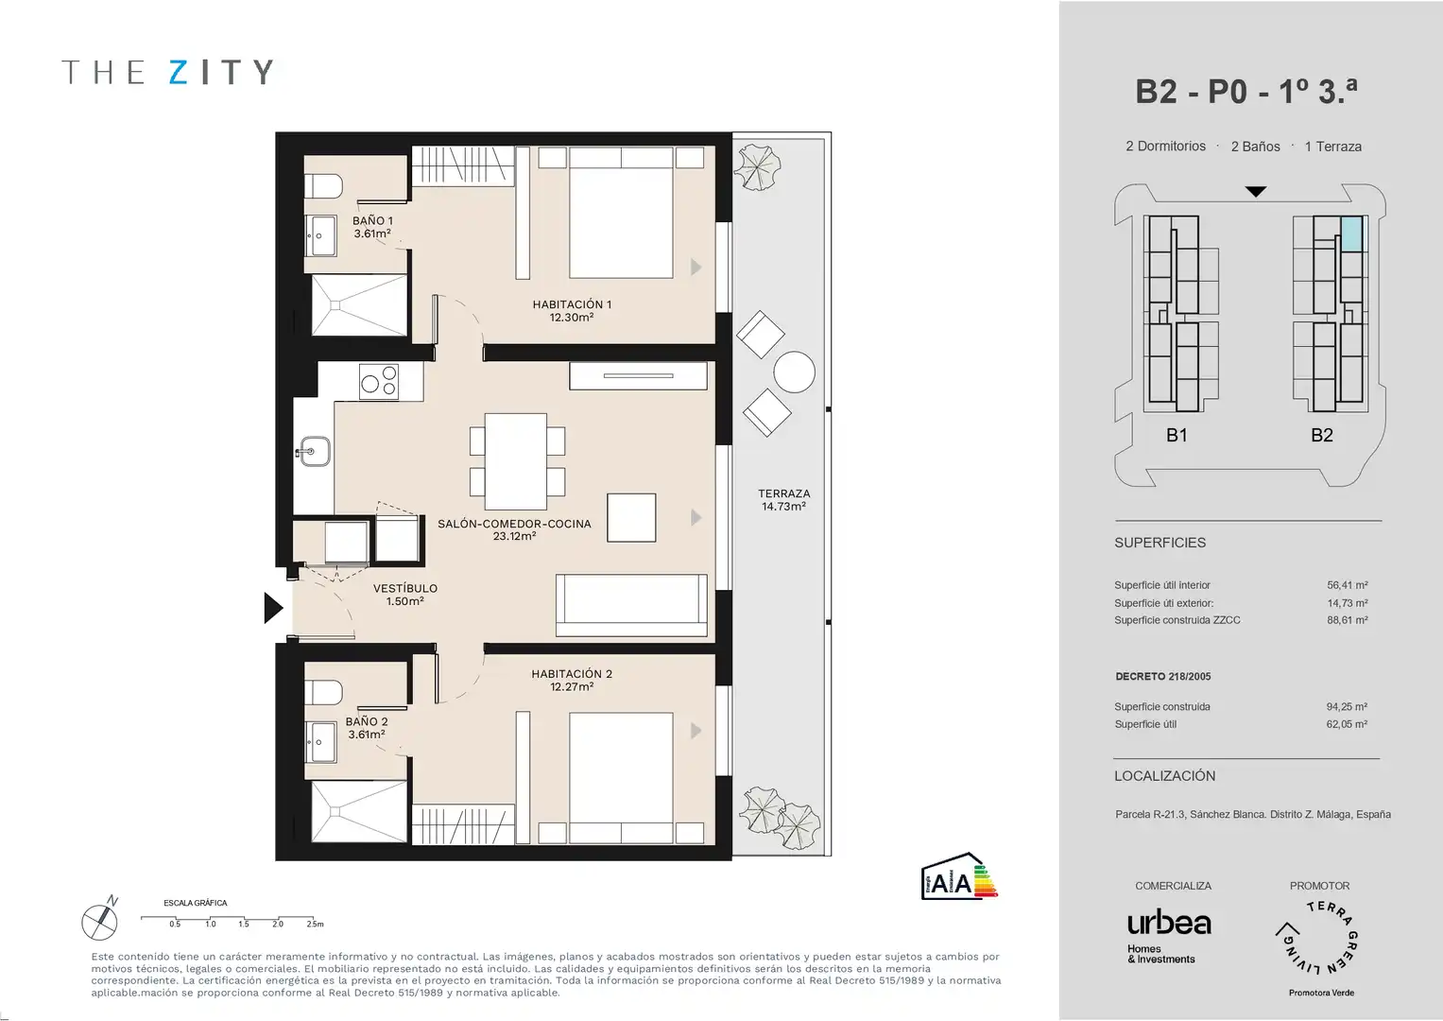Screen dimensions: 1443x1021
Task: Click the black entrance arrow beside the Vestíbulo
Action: click(272, 608)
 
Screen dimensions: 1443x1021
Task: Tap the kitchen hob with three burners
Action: click(379, 382)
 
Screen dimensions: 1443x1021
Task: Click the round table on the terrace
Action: click(795, 372)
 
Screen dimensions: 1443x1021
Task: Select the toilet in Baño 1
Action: click(323, 186)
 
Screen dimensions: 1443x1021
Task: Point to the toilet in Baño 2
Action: click(323, 693)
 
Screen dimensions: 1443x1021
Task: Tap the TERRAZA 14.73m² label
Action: click(784, 499)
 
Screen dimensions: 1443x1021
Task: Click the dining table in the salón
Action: click(516, 461)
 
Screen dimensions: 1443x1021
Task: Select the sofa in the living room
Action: click(631, 607)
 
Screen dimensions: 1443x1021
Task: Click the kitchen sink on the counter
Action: click(314, 452)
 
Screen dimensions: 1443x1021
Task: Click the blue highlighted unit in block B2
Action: click(1351, 234)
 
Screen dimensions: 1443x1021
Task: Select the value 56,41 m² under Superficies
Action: click(1347, 585)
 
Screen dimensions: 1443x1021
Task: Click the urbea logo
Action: click(1169, 935)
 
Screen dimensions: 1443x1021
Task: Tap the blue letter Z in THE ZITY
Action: click(179, 72)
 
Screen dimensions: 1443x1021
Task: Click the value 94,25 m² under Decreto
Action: click(1347, 706)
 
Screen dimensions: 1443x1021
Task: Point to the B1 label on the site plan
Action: click(1177, 435)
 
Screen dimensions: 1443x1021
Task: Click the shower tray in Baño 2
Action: click(359, 811)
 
